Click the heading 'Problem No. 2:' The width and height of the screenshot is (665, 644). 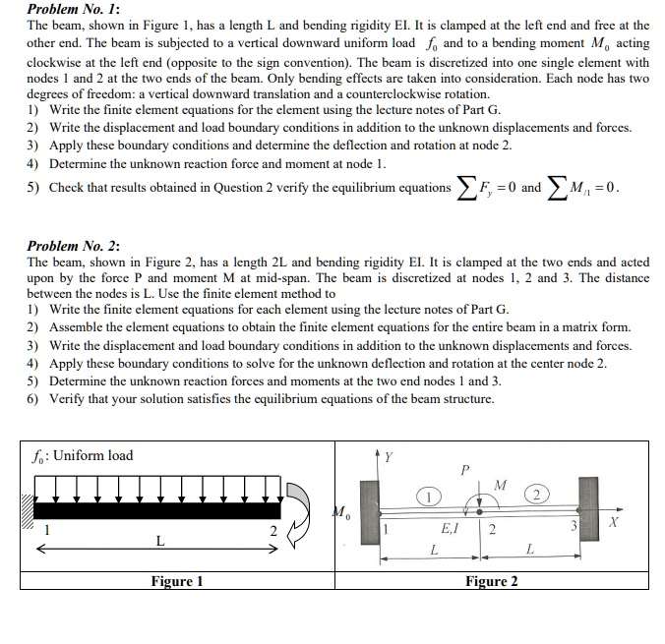[73, 246]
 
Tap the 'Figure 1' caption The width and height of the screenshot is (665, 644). [177, 581]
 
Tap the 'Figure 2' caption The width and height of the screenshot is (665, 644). [491, 581]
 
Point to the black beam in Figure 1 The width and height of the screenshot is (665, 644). [162, 510]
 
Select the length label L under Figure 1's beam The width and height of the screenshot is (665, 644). [159, 540]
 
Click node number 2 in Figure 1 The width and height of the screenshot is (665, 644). [273, 532]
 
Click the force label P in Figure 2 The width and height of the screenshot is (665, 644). [465, 470]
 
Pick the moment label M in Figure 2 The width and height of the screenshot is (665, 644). [500, 484]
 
